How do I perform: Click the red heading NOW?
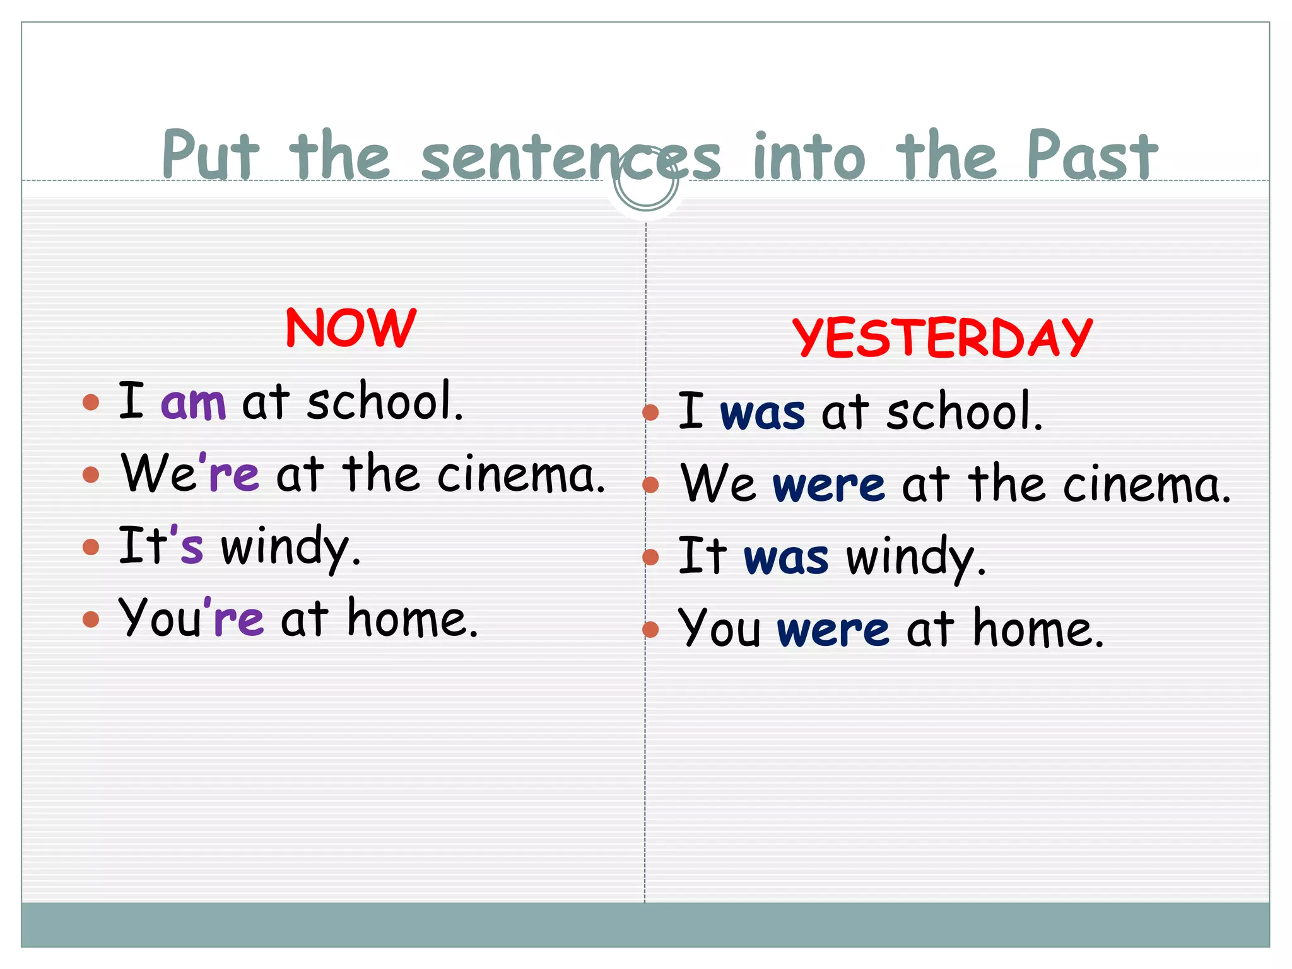[x=351, y=328]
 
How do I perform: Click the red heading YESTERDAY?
[x=942, y=338]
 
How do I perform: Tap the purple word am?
[x=194, y=403]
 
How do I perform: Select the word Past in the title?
[x=1091, y=156]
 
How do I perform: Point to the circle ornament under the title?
[x=646, y=180]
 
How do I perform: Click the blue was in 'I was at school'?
[x=762, y=413]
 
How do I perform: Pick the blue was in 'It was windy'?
[x=786, y=558]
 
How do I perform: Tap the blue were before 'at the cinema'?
[x=829, y=486]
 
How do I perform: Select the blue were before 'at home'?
[x=833, y=630]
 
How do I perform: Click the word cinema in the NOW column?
[x=520, y=474]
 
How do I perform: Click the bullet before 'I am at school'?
[x=91, y=402]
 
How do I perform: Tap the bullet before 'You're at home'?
[x=91, y=619]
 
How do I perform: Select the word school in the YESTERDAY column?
[x=964, y=412]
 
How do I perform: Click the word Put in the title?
[x=209, y=156]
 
